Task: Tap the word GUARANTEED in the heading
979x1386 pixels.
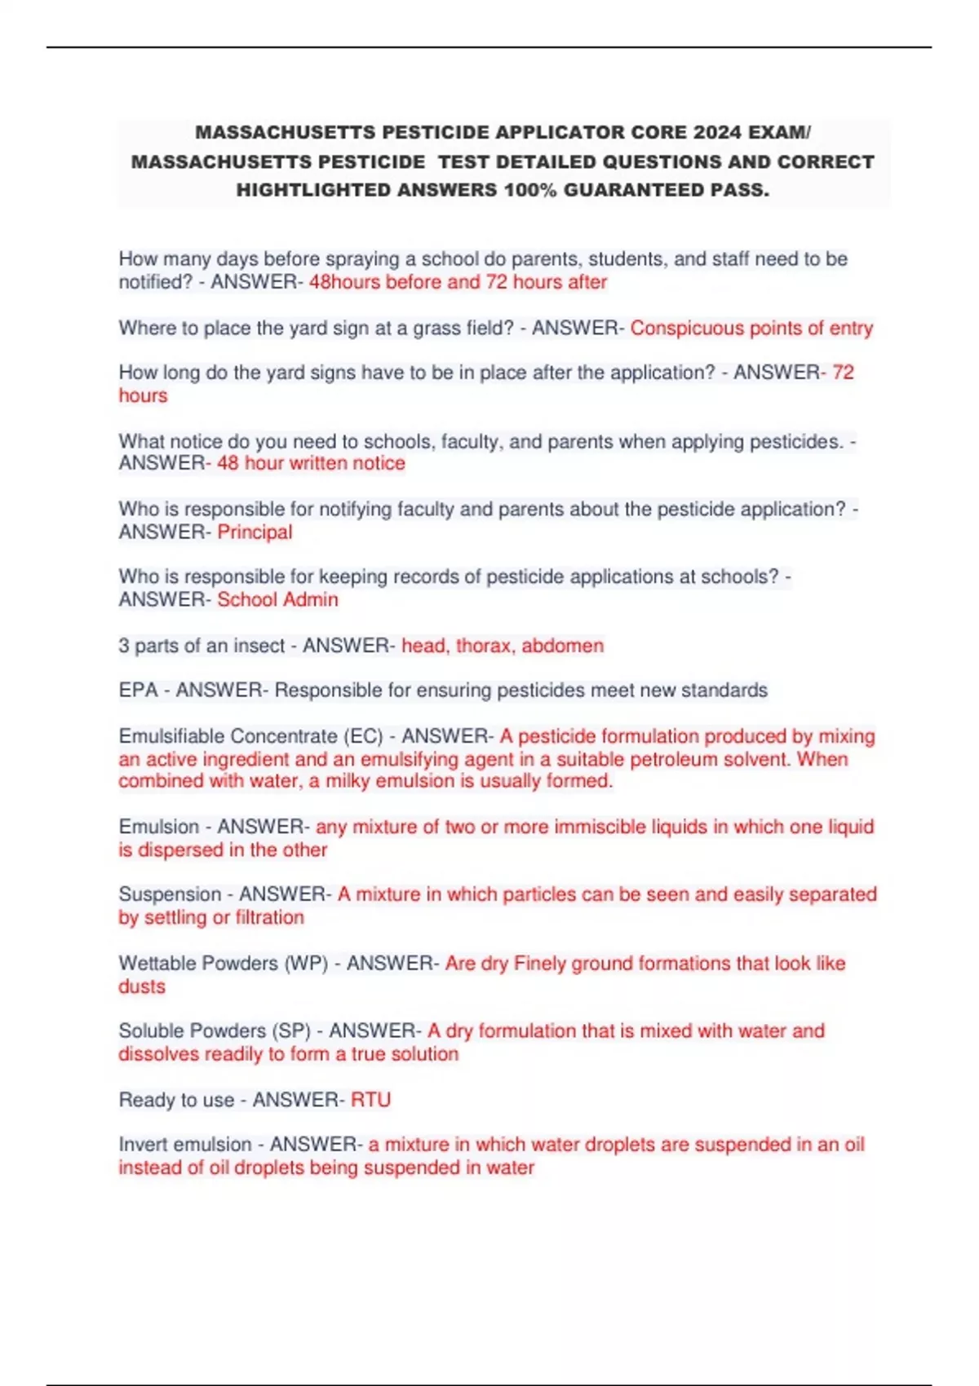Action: point(631,191)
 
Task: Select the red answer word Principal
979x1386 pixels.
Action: point(255,532)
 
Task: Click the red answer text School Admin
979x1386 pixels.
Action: point(277,600)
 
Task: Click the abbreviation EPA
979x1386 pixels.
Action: point(138,691)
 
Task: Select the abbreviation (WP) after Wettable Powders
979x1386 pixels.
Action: point(306,964)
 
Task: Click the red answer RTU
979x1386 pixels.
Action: point(370,1100)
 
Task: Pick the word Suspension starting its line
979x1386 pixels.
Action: point(170,894)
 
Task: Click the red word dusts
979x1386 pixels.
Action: point(142,987)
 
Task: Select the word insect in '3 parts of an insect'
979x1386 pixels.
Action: point(259,646)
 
